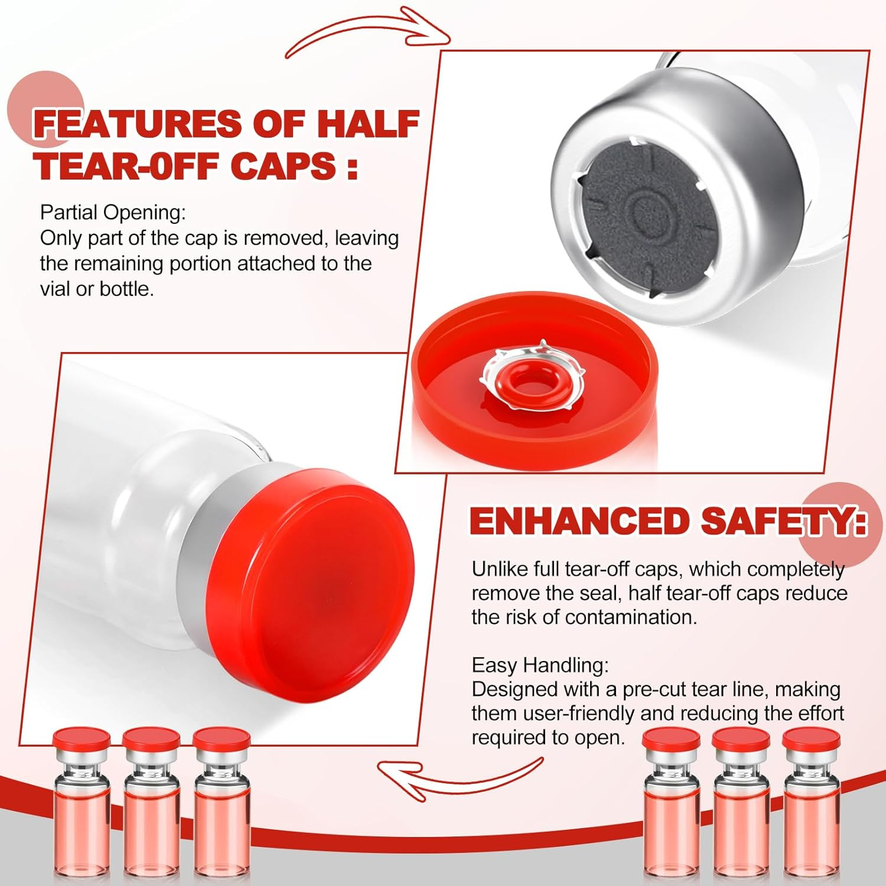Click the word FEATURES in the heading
[138, 123]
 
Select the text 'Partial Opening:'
[113, 213]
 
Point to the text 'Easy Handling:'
[540, 665]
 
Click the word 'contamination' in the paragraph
[631, 617]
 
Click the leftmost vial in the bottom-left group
[82, 809]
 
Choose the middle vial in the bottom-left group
[151, 809]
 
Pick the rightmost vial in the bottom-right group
[812, 809]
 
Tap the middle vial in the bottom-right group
[742, 809]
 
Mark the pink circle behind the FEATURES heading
[45, 109]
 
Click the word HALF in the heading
[368, 123]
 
